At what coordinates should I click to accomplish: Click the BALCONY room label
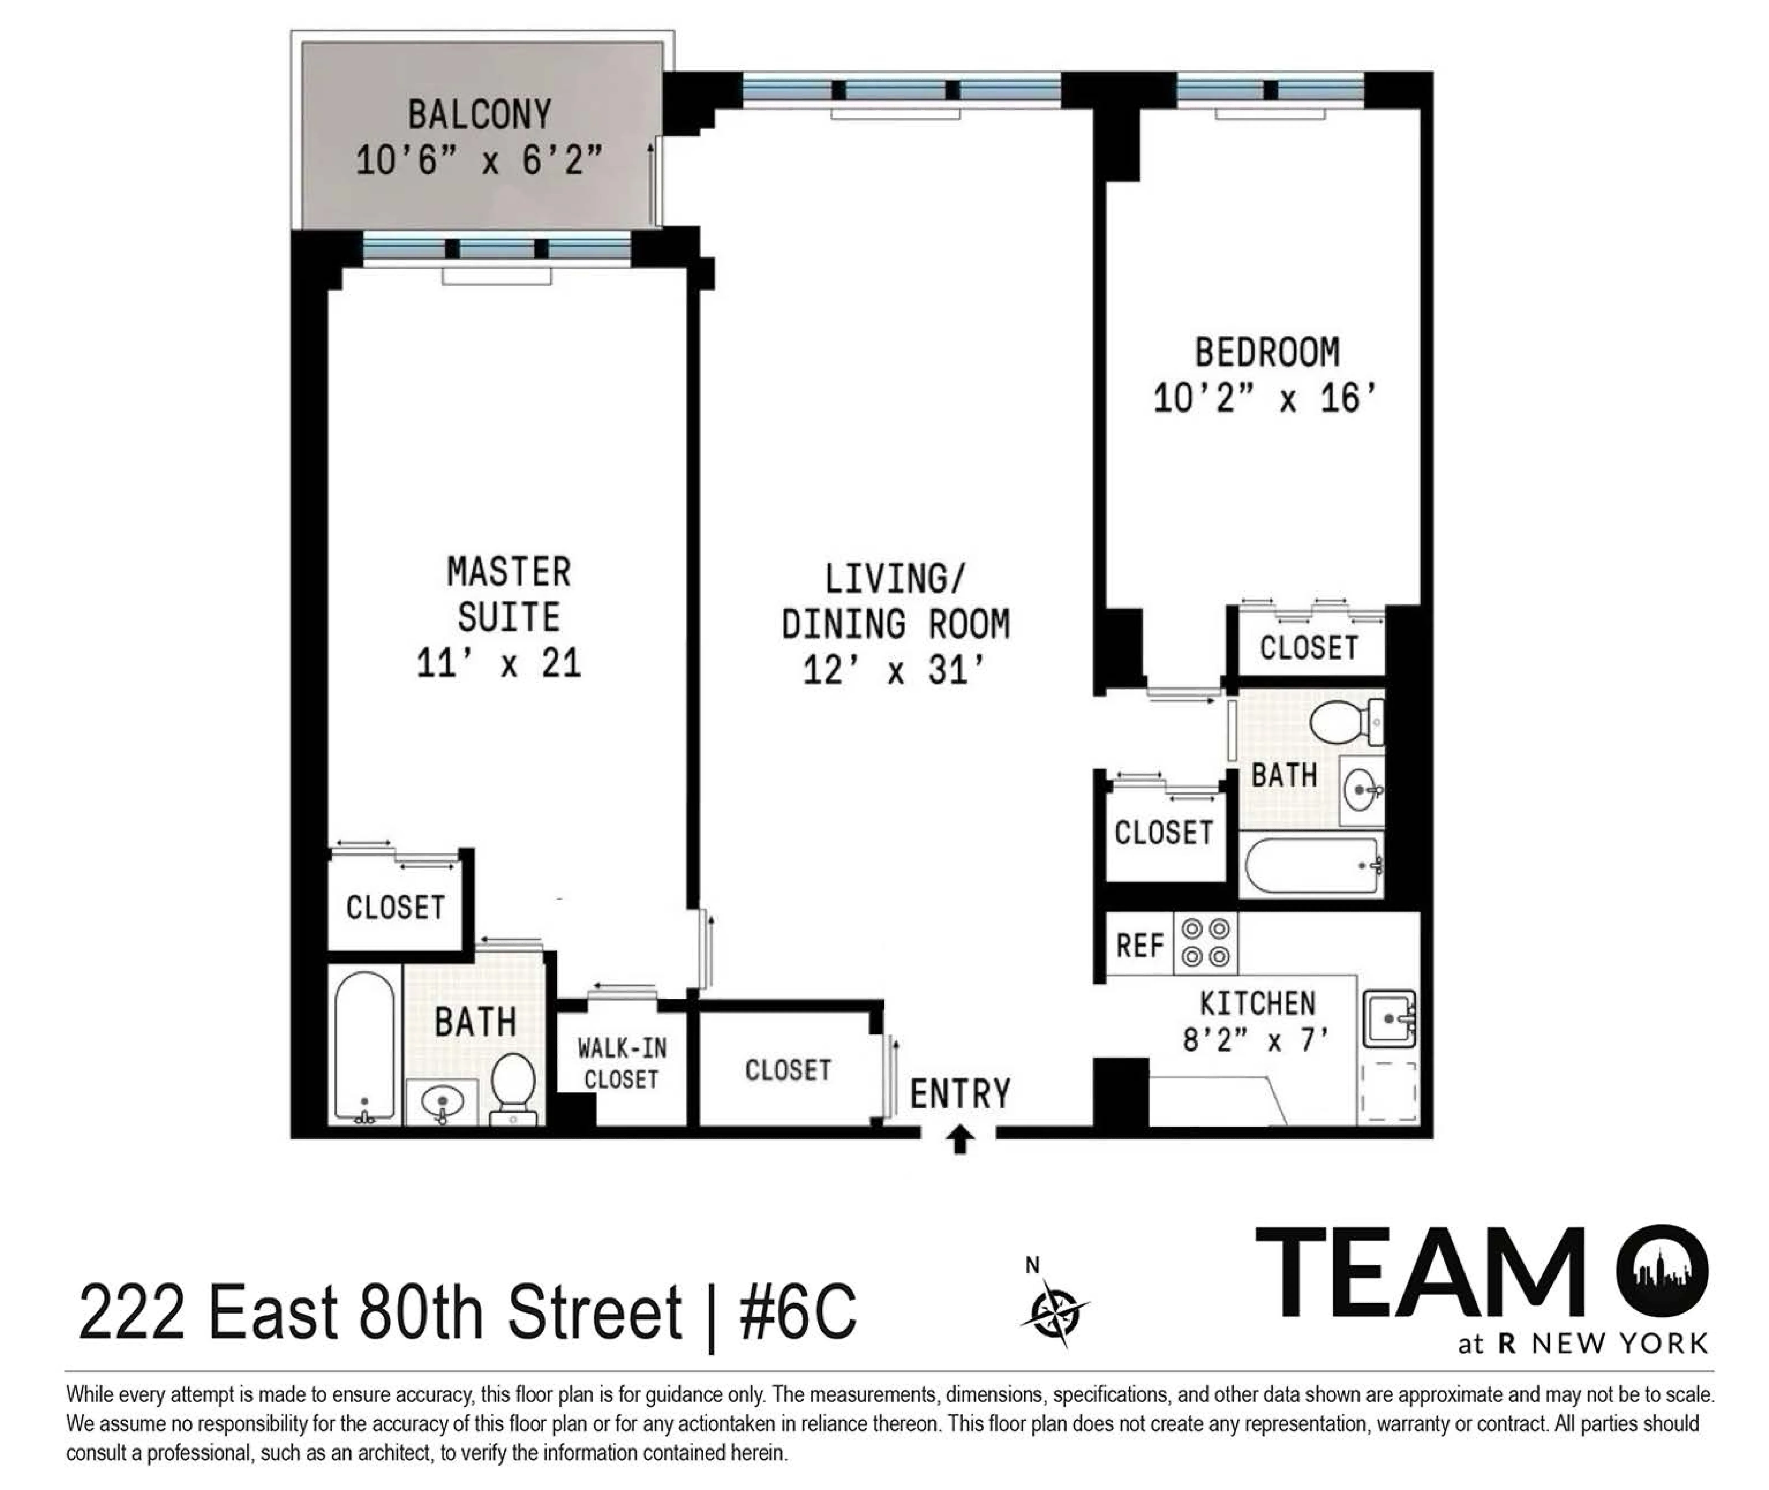[479, 115]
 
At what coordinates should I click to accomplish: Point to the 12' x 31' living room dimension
[895, 671]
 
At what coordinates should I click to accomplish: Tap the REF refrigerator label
[1140, 945]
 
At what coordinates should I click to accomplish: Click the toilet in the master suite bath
[514, 1085]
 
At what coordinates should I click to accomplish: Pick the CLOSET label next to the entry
[787, 1070]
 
